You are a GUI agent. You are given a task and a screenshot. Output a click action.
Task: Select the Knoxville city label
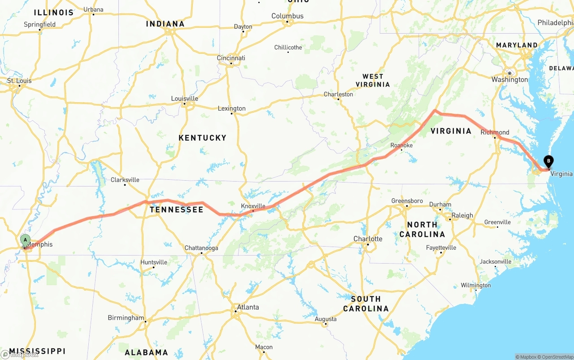point(253,206)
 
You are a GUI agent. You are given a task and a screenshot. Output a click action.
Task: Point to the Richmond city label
point(495,132)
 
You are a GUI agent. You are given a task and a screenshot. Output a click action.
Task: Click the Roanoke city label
point(401,145)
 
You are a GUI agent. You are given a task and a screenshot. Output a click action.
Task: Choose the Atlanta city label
point(248,307)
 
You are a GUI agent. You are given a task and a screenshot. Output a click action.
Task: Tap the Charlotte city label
point(368,239)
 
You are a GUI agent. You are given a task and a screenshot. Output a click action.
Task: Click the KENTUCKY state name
point(202,138)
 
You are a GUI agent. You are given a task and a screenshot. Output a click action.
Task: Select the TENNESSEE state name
point(176,209)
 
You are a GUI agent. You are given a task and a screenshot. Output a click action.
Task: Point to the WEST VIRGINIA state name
point(373,80)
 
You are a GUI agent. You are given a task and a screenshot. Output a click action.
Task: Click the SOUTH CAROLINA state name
point(366,304)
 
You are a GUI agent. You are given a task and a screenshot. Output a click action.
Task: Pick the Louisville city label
point(184,99)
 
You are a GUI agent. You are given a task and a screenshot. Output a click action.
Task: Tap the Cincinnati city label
point(231,58)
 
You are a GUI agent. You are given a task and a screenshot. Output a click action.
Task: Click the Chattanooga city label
point(201,248)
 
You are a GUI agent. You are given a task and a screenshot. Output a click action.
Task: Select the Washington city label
point(509,79)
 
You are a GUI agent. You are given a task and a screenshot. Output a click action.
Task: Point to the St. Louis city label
point(19,81)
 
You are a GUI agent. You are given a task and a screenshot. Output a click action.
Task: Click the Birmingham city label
point(126,318)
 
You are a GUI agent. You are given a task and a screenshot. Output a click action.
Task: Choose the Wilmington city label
point(476,285)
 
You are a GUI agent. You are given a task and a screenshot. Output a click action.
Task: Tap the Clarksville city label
point(125,180)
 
